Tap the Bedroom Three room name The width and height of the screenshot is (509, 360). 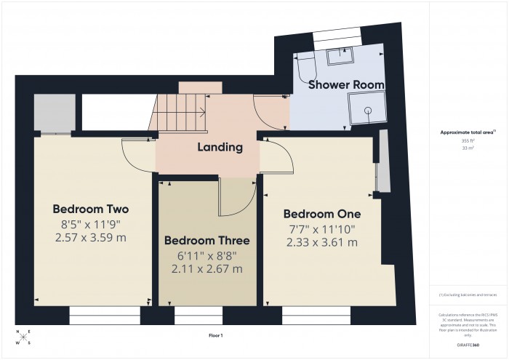point(207,241)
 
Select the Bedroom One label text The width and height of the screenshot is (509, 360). point(321,215)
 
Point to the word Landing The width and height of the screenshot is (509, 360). point(220,148)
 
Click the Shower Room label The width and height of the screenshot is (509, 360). point(346,85)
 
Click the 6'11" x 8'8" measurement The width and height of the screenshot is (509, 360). point(207,255)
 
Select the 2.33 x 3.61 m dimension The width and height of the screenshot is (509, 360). point(321,242)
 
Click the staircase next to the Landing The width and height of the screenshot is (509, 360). point(180,113)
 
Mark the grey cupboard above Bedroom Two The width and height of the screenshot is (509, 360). point(53,113)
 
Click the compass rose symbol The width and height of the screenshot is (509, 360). point(23,337)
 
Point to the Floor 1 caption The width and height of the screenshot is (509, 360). point(216,335)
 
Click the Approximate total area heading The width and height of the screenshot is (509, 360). point(468,132)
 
